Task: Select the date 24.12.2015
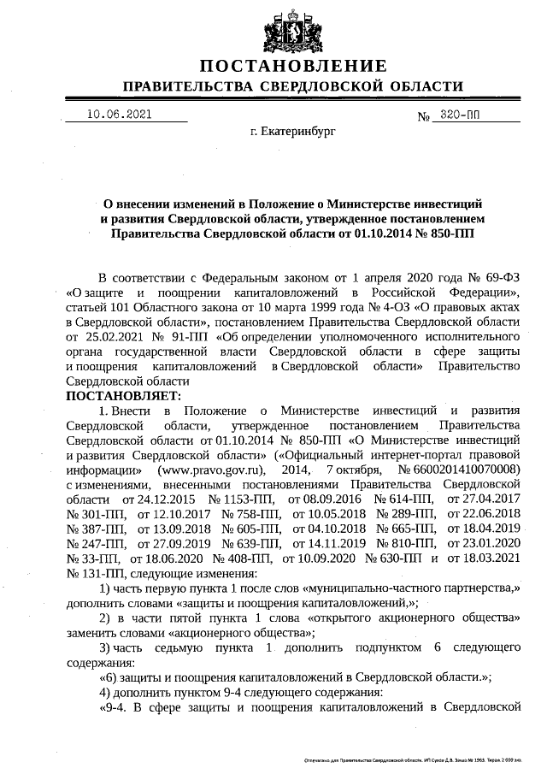(152, 498)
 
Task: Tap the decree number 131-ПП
(96, 571)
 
